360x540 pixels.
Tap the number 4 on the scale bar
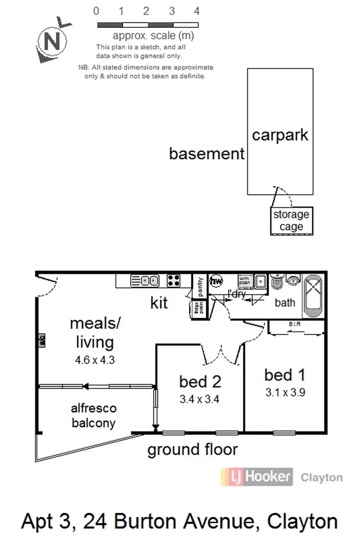[196, 11]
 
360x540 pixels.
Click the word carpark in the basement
[280, 135]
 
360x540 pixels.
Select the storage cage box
[291, 221]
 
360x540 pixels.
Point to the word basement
[207, 154]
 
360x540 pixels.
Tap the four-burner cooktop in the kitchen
[173, 280]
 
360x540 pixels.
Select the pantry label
[200, 287]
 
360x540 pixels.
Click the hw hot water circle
[216, 280]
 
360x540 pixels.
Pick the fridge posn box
[196, 307]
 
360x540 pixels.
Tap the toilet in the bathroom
[277, 282]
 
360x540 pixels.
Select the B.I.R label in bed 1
[294, 324]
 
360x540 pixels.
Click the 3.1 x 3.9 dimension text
[285, 392]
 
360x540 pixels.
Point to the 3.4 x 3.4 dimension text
[199, 398]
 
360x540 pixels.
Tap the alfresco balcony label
[94, 415]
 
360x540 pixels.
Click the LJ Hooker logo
[256, 477]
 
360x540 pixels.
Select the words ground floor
[192, 450]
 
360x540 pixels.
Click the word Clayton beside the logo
[321, 477]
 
